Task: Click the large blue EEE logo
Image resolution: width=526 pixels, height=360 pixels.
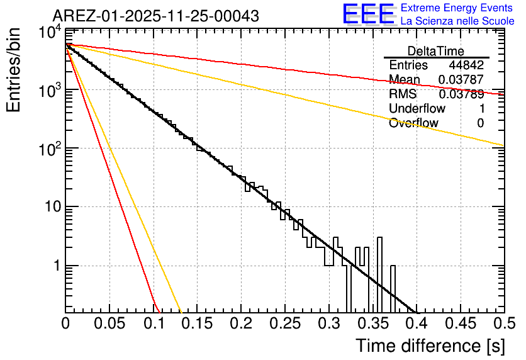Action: tap(368, 14)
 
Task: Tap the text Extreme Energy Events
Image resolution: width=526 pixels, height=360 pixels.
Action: tap(457, 8)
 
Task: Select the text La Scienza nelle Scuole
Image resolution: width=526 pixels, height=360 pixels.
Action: tap(457, 21)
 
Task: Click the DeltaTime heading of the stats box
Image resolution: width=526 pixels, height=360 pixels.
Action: tap(436, 51)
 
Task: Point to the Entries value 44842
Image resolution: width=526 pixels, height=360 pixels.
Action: tap(466, 65)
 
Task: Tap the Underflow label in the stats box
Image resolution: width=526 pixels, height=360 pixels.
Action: tap(417, 108)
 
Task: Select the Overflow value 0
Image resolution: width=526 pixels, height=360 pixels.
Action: tap(481, 123)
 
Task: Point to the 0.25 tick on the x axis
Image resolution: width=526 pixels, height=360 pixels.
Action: tap(284, 323)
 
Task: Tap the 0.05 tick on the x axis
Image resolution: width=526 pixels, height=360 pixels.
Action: tap(109, 323)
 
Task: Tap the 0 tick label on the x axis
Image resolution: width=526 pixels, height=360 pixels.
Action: tap(66, 323)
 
